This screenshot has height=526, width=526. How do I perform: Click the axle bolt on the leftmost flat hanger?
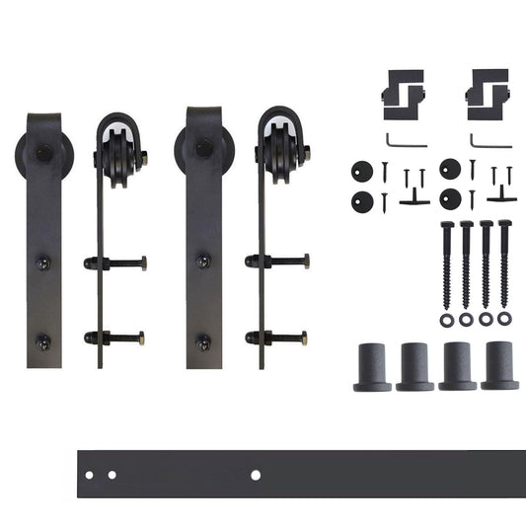point(43,153)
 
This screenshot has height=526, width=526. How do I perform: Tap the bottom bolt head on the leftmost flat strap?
point(43,341)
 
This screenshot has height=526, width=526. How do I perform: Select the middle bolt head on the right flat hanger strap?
point(203,262)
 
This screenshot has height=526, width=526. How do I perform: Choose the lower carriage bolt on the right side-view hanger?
point(278,338)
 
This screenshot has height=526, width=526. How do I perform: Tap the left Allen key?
point(405,140)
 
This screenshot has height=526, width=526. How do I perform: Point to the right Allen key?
point(489,140)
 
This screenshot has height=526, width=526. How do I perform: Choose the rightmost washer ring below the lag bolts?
point(505,320)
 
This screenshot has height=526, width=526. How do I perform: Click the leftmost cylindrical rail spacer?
point(372,366)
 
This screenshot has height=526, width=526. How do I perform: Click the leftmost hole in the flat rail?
point(89,476)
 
